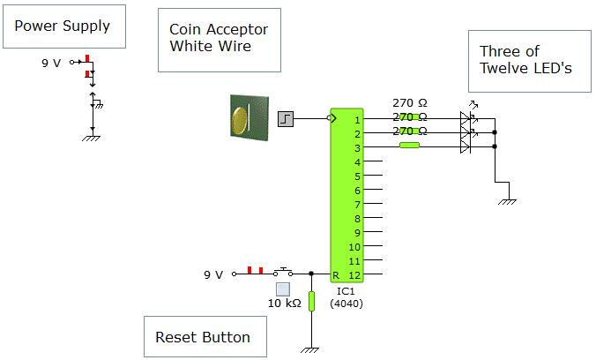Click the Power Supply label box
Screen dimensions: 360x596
click(63, 26)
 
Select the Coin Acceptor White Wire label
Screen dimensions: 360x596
click(219, 39)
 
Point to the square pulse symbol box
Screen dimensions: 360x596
click(286, 117)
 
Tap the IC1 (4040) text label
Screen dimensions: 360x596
click(346, 296)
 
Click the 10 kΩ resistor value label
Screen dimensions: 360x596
click(284, 304)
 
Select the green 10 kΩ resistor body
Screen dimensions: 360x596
click(310, 301)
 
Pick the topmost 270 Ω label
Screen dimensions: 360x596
click(409, 102)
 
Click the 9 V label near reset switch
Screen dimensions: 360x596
click(213, 274)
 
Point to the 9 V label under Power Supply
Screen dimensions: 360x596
click(51, 64)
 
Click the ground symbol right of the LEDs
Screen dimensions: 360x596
click(507, 201)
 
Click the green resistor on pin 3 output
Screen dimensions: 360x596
click(408, 146)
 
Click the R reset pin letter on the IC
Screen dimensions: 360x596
click(335, 274)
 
